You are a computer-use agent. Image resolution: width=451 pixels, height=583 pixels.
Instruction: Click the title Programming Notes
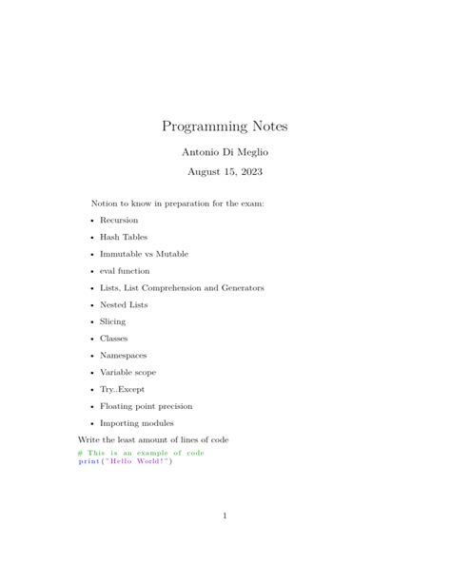pos(225,126)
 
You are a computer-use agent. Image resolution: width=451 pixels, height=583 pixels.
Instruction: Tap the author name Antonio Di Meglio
pos(225,151)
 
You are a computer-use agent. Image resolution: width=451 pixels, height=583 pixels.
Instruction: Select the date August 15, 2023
pos(225,172)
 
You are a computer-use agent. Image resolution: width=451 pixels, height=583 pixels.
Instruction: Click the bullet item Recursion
pos(119,220)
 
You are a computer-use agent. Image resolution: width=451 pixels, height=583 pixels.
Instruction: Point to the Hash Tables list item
pos(124,237)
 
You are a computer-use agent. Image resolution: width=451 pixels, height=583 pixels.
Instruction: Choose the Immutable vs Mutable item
pos(144,254)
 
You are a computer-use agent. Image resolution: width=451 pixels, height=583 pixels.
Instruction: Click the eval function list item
pos(125,271)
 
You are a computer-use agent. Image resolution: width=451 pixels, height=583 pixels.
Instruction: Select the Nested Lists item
pos(124,304)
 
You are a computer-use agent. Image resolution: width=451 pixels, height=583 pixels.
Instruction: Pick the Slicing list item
pos(113,321)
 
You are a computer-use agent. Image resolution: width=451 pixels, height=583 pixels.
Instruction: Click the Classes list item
pos(114,338)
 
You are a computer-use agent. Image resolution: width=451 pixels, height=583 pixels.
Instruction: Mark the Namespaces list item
pos(124,355)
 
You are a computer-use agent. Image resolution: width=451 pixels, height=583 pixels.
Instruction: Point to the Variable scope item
pos(127,372)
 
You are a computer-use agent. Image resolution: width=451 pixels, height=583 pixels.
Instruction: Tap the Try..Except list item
pos(121,389)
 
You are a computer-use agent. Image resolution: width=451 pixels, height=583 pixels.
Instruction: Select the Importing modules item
pos(136,423)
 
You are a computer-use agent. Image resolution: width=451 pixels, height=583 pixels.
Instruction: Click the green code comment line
pos(141,453)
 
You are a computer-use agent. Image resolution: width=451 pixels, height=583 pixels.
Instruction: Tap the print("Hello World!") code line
pos(125,461)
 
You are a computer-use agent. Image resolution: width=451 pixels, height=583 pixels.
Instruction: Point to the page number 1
pos(225,516)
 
